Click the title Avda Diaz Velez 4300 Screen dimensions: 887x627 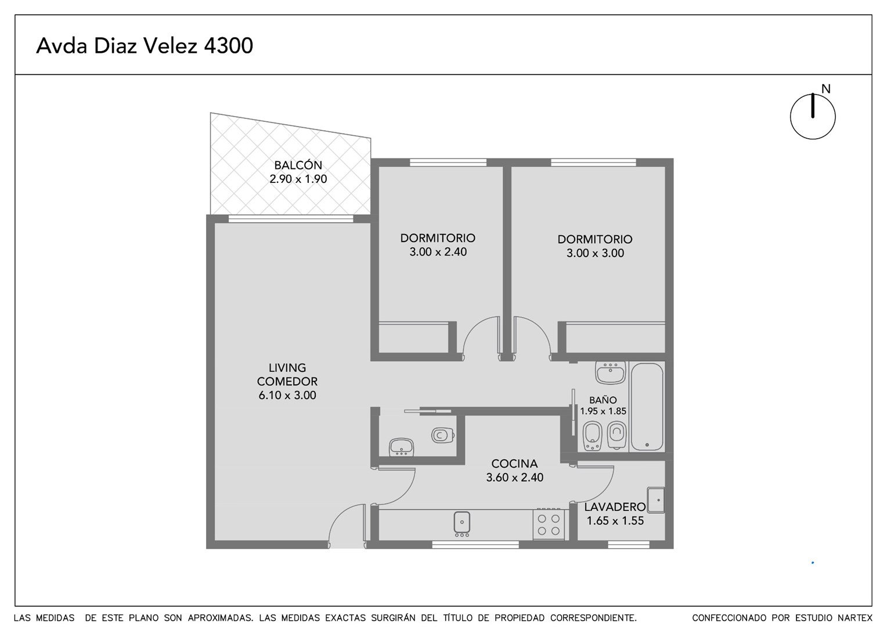(145, 45)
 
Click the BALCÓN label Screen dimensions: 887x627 (298, 164)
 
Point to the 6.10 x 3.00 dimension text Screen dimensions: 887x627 (287, 395)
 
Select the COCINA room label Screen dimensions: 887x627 (514, 463)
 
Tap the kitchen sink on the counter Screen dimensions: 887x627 (461, 523)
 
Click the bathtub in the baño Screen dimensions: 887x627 (647, 407)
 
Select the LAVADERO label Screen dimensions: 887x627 (615, 507)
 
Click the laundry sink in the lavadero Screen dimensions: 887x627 (655, 500)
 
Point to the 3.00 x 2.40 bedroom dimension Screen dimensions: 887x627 (438, 252)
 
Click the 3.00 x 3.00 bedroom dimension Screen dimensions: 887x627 (595, 253)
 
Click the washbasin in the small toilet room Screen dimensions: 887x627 (402, 447)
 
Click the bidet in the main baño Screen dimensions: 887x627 (592, 435)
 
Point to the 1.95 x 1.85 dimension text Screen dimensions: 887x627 (603, 411)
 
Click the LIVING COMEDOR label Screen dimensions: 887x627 (287, 374)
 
